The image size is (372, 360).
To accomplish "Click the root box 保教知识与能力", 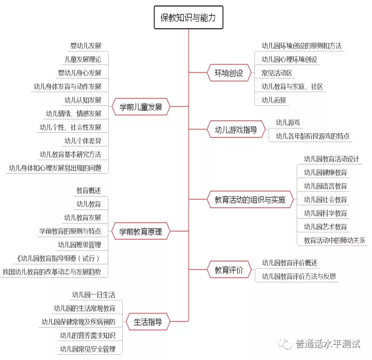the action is click(x=188, y=18).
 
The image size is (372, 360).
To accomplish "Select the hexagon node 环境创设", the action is click(x=229, y=73).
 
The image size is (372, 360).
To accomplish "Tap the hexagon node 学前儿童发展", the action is click(x=141, y=107).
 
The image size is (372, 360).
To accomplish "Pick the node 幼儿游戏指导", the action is click(x=236, y=130).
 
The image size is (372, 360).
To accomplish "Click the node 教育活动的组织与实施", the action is click(x=250, y=200).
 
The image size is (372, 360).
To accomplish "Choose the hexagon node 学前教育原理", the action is click(x=141, y=231).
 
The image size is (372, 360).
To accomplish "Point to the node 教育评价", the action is click(x=229, y=270).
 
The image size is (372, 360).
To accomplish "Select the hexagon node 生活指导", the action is click(x=148, y=322).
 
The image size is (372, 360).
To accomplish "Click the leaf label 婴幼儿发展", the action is click(x=86, y=46).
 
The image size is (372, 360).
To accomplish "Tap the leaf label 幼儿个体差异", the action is click(x=83, y=141).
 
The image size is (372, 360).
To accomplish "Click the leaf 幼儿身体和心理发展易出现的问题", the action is click(x=55, y=168).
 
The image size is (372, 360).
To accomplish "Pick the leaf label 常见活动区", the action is click(x=277, y=73).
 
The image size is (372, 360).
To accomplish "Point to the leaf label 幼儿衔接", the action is click(x=274, y=100).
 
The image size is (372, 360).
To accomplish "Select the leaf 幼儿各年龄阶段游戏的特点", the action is click(x=312, y=136).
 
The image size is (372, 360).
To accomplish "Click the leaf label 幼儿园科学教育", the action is click(x=325, y=213).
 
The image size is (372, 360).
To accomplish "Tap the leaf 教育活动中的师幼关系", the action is click(x=334, y=241).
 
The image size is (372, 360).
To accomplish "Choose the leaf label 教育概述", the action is click(x=89, y=190).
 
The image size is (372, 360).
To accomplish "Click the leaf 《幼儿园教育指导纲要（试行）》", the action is click(x=58, y=258).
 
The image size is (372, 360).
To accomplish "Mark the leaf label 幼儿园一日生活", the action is click(x=94, y=295).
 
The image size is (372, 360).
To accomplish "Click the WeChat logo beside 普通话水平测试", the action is click(x=285, y=344).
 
